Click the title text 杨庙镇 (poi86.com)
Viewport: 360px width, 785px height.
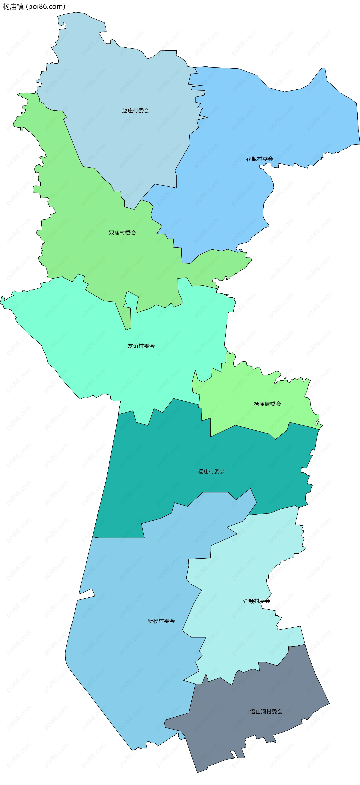coord(34,6)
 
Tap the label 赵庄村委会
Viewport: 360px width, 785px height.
coord(136,111)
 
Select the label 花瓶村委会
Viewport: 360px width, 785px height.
coord(259,159)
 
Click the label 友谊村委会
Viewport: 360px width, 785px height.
coord(141,346)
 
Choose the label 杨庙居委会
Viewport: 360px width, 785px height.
coord(267,404)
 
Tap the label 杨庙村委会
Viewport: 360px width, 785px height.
coord(211,471)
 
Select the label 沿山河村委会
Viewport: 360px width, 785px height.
coord(266,712)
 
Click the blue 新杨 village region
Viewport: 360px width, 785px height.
coord(128,655)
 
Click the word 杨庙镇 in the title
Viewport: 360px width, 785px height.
coord(13,6)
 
